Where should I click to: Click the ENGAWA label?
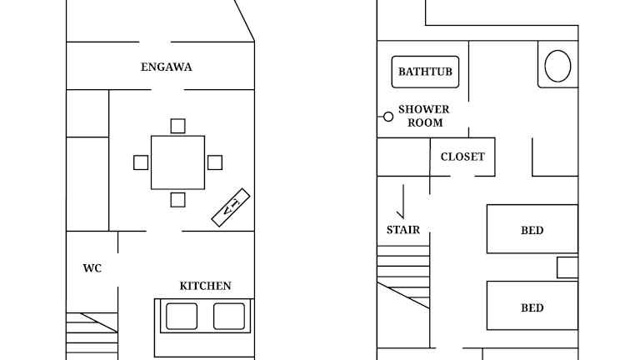pyautogui.click(x=166, y=67)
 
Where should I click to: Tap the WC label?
pyautogui.click(x=92, y=268)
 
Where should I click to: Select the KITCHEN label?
pyautogui.click(x=205, y=286)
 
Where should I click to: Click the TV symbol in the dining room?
pyautogui.click(x=231, y=207)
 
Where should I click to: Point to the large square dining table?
pyautogui.click(x=178, y=162)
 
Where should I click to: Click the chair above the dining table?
pyautogui.click(x=178, y=126)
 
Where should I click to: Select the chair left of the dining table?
pyautogui.click(x=141, y=162)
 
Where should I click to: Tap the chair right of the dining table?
pyautogui.click(x=215, y=162)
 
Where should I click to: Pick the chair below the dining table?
pyautogui.click(x=178, y=200)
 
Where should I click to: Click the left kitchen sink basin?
pyautogui.click(x=182, y=316)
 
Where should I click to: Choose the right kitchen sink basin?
pyautogui.click(x=229, y=316)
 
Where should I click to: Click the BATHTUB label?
pyautogui.click(x=425, y=72)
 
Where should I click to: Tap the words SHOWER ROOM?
pyautogui.click(x=424, y=116)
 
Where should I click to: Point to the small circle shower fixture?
pyautogui.click(x=388, y=117)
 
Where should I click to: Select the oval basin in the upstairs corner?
pyautogui.click(x=557, y=66)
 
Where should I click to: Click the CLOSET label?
pyautogui.click(x=462, y=157)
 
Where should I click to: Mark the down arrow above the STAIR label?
pyautogui.click(x=402, y=202)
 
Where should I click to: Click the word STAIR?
pyautogui.click(x=403, y=230)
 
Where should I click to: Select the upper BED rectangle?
pyautogui.click(x=532, y=229)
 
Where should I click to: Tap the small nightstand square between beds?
pyautogui.click(x=567, y=267)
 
